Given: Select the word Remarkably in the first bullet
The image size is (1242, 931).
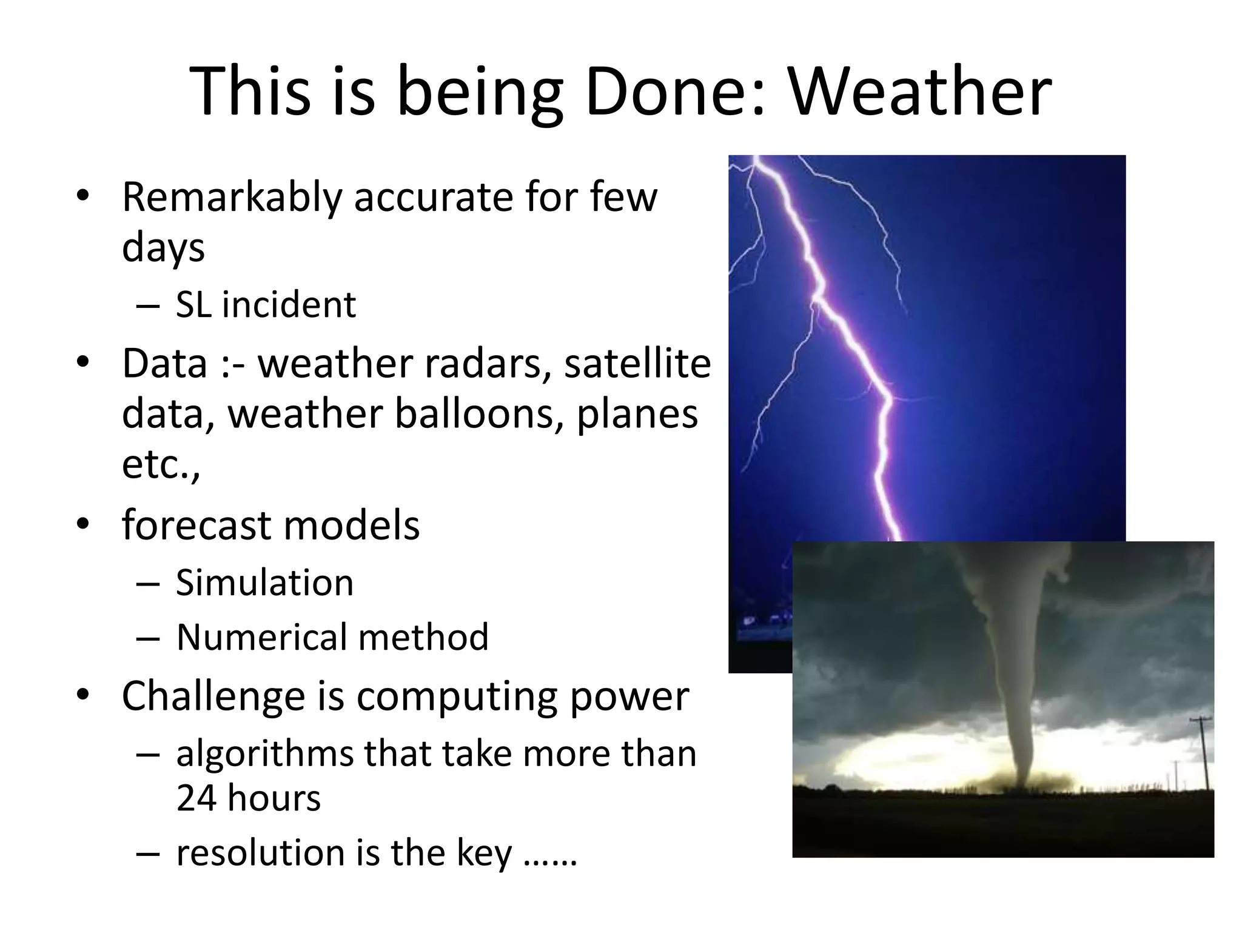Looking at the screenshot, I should coord(232,198).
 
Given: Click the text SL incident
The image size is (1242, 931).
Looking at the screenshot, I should coord(266,304).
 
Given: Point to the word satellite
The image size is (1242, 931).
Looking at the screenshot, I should coord(637,364).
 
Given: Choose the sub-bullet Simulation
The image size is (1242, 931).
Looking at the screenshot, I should coord(264,583).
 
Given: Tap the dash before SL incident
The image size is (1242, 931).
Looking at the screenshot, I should coord(148,305).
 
